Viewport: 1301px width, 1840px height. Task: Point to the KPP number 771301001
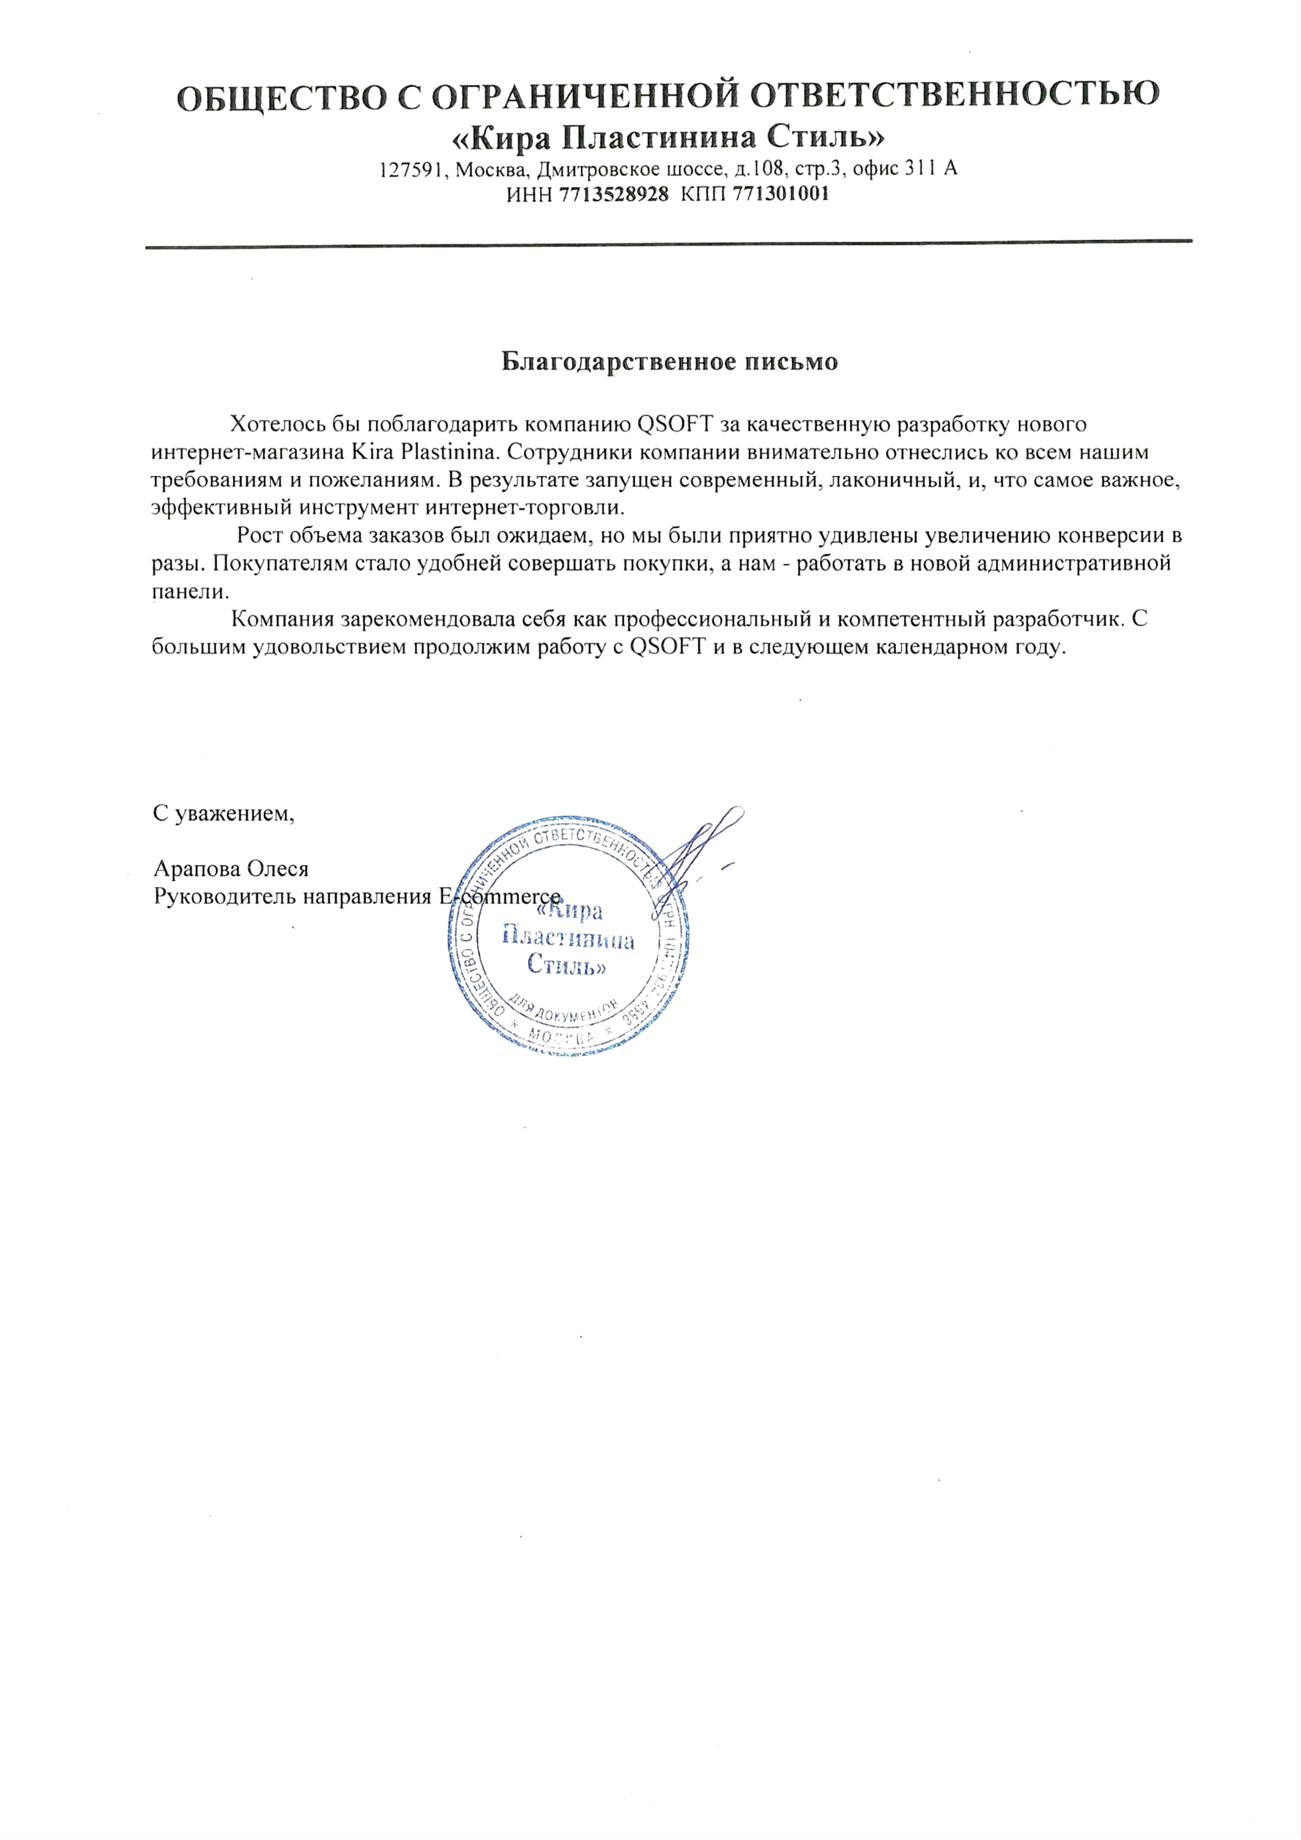(x=780, y=194)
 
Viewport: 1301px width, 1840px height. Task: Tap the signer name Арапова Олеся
(x=231, y=869)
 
